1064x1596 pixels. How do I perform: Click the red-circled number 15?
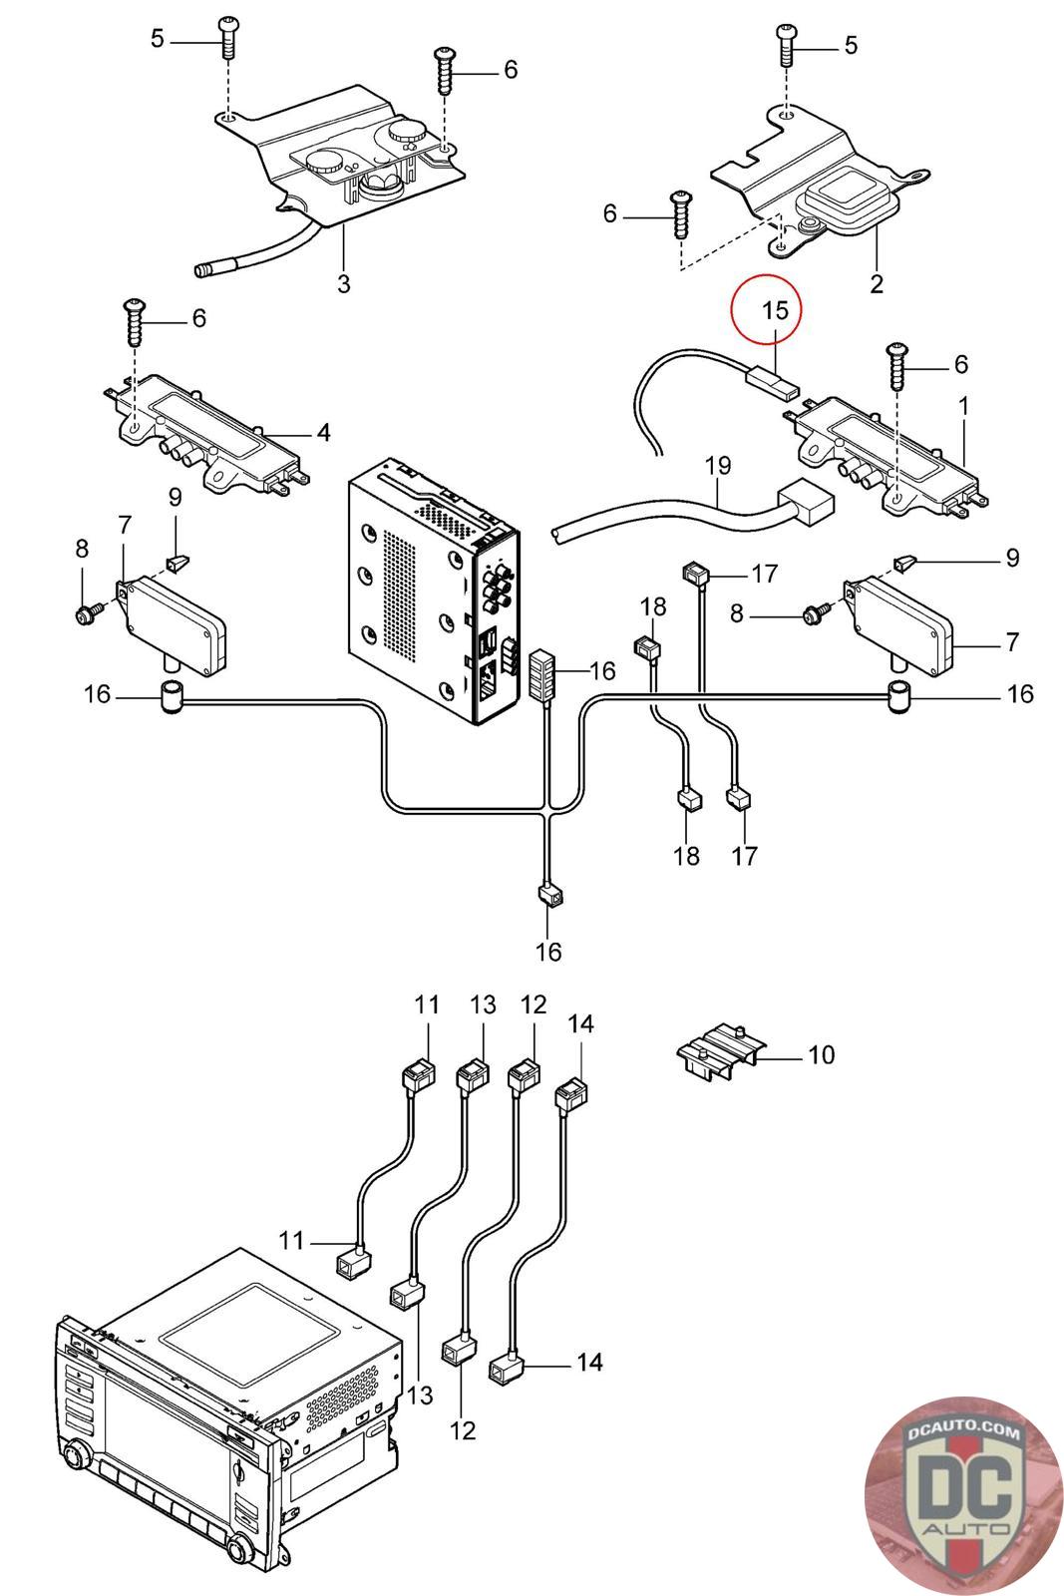click(775, 310)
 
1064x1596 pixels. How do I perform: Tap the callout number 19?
click(718, 465)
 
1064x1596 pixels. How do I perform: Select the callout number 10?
click(821, 1055)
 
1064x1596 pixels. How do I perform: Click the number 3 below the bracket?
click(343, 283)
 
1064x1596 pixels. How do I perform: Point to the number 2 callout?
click(876, 283)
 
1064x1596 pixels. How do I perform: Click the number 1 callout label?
click(963, 407)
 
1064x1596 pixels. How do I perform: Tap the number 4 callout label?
click(323, 433)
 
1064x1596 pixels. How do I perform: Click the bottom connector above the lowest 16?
click(549, 893)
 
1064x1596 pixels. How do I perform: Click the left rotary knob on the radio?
click(74, 1454)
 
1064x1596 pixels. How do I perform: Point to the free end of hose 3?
click(201, 270)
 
